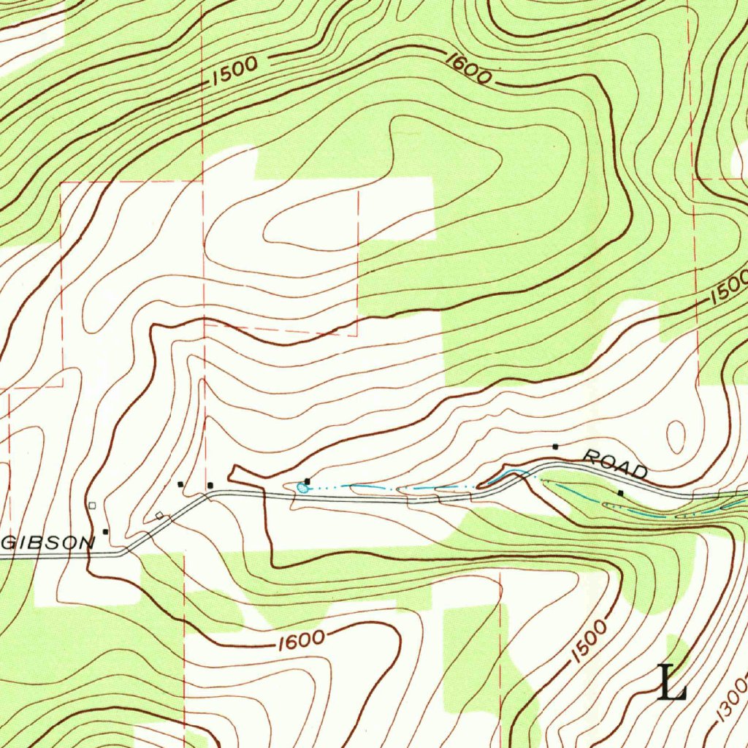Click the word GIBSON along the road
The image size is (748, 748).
coord(48,543)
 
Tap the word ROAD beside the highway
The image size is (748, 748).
coord(615,465)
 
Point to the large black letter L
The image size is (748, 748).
coord(673,683)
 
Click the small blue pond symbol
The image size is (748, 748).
coord(302,487)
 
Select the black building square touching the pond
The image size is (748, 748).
coord(308,481)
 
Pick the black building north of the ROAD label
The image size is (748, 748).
coord(555,446)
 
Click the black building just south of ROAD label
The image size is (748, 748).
coord(621,494)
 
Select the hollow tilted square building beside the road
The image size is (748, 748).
coord(159,516)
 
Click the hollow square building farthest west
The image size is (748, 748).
coord(91,505)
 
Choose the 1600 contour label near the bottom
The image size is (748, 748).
coord(301,640)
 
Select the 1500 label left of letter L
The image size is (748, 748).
coord(589,642)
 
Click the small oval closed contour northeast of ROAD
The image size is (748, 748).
coord(676,436)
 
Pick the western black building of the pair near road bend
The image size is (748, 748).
coord(180,484)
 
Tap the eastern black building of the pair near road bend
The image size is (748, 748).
coord(210,485)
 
